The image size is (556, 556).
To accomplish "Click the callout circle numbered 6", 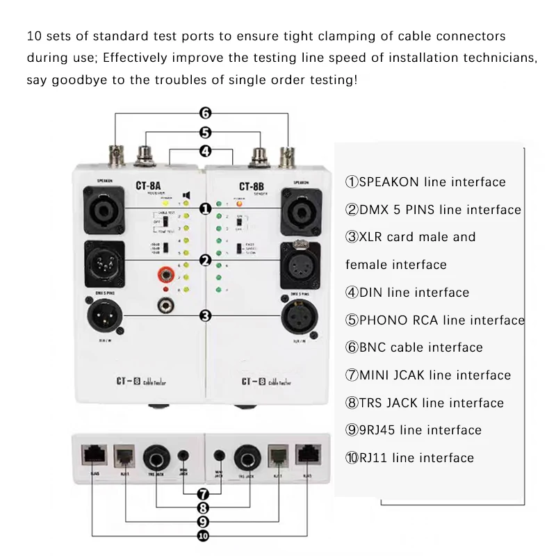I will click(205, 113).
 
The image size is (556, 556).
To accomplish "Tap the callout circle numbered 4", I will click(205, 151).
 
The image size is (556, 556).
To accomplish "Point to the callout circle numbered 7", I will click(203, 494).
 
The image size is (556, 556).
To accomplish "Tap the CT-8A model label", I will click(148, 186).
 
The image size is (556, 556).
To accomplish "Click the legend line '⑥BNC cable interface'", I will click(414, 347).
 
